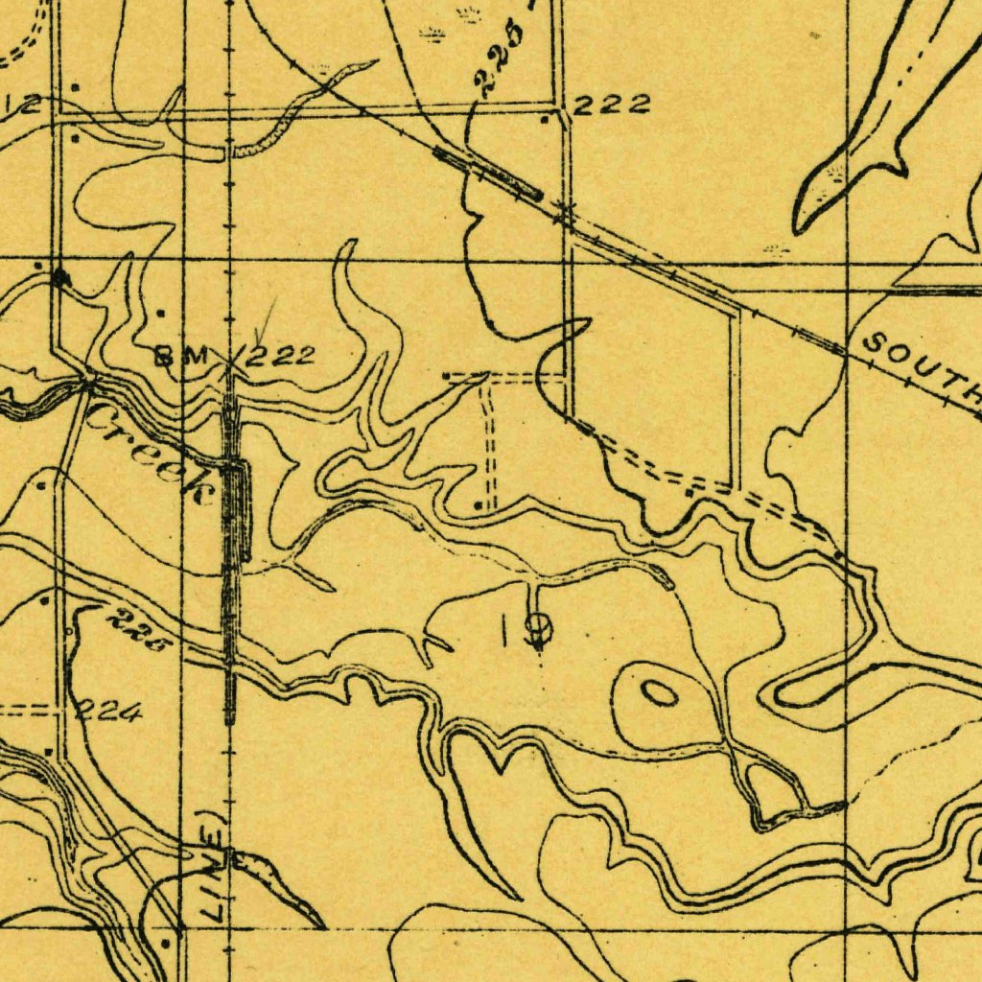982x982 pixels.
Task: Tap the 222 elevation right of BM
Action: [280, 357]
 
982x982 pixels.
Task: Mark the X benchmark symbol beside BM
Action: [231, 363]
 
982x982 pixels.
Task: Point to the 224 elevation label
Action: [110, 712]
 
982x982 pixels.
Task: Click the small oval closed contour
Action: [659, 692]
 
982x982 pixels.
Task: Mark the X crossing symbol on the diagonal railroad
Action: [565, 211]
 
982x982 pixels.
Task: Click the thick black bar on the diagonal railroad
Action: [488, 173]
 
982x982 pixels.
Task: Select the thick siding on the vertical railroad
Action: [240, 508]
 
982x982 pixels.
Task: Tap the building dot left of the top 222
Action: [546, 121]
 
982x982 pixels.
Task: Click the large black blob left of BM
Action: [61, 277]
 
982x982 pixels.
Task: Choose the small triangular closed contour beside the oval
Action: [773, 792]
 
